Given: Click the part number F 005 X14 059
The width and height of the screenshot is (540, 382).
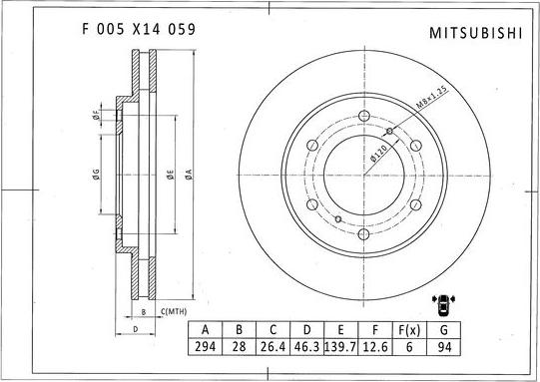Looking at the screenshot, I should coord(137,29).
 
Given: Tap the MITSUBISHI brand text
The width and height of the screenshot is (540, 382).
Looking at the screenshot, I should coord(475,32).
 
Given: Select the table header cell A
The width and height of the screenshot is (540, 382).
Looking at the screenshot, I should coord(206,330).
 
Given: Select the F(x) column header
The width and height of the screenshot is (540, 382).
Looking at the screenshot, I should coord(409,330).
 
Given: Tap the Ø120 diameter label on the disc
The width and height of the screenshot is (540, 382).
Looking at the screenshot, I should coord(379,151).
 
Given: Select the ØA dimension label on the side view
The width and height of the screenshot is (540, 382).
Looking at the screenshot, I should coord(188,174).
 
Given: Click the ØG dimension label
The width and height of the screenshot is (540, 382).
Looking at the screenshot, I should coord(96,174).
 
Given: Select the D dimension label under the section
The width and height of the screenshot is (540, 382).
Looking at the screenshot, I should coord(135,326).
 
